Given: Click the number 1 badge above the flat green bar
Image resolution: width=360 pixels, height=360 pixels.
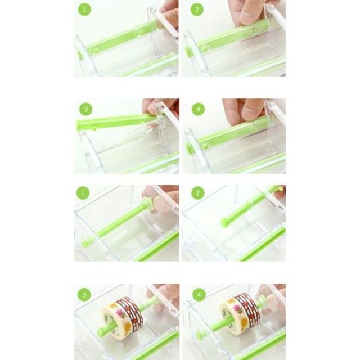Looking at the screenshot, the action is pos(85,10).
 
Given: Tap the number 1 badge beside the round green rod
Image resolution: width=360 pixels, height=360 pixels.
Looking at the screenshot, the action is pos(83,192).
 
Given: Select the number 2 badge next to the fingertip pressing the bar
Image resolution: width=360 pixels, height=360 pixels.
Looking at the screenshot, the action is pos(197,10).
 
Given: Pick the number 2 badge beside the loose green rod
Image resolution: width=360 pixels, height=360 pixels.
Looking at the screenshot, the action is pos(197,192).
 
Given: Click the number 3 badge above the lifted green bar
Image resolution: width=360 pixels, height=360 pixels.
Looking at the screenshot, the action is pos(85,109).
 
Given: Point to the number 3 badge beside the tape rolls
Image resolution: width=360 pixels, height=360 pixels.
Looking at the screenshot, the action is pos(84,295).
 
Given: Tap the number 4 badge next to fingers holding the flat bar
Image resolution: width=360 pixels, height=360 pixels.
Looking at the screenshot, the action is pos(198,109).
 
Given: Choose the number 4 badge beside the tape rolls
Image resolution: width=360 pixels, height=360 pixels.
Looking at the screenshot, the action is pos(199,295).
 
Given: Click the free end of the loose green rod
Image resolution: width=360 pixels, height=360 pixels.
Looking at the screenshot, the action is pos(223,222).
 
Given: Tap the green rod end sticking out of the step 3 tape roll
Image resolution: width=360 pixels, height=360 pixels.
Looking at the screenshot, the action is pos(102,332).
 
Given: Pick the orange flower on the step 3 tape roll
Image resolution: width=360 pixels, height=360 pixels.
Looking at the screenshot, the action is pos(128,326).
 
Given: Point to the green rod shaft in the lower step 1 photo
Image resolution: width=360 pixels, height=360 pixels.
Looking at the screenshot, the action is pos(119,220).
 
